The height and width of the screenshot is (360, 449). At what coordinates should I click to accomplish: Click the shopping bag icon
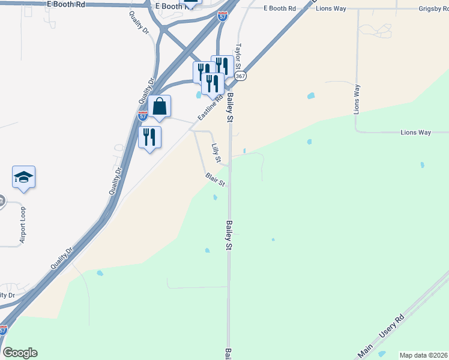pyautogui.click(x=159, y=107)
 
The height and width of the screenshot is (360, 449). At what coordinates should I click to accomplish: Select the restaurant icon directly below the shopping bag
pyautogui.click(x=149, y=137)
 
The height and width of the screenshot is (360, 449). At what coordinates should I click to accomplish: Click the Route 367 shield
pyautogui.click(x=241, y=76)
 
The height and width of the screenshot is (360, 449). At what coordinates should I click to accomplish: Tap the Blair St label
pyautogui.click(x=215, y=179)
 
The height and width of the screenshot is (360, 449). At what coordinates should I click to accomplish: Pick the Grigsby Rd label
pyautogui.click(x=433, y=9)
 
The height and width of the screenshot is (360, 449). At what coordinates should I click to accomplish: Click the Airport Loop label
pyautogui.click(x=23, y=226)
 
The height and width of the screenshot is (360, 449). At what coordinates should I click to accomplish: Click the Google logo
pyautogui.click(x=20, y=353)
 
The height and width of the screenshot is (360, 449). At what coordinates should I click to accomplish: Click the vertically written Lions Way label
pyautogui.click(x=357, y=100)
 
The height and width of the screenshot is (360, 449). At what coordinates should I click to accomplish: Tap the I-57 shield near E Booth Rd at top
pyautogui.click(x=223, y=16)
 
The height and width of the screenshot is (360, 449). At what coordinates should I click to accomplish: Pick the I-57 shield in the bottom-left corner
pyautogui.click(x=4, y=330)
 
